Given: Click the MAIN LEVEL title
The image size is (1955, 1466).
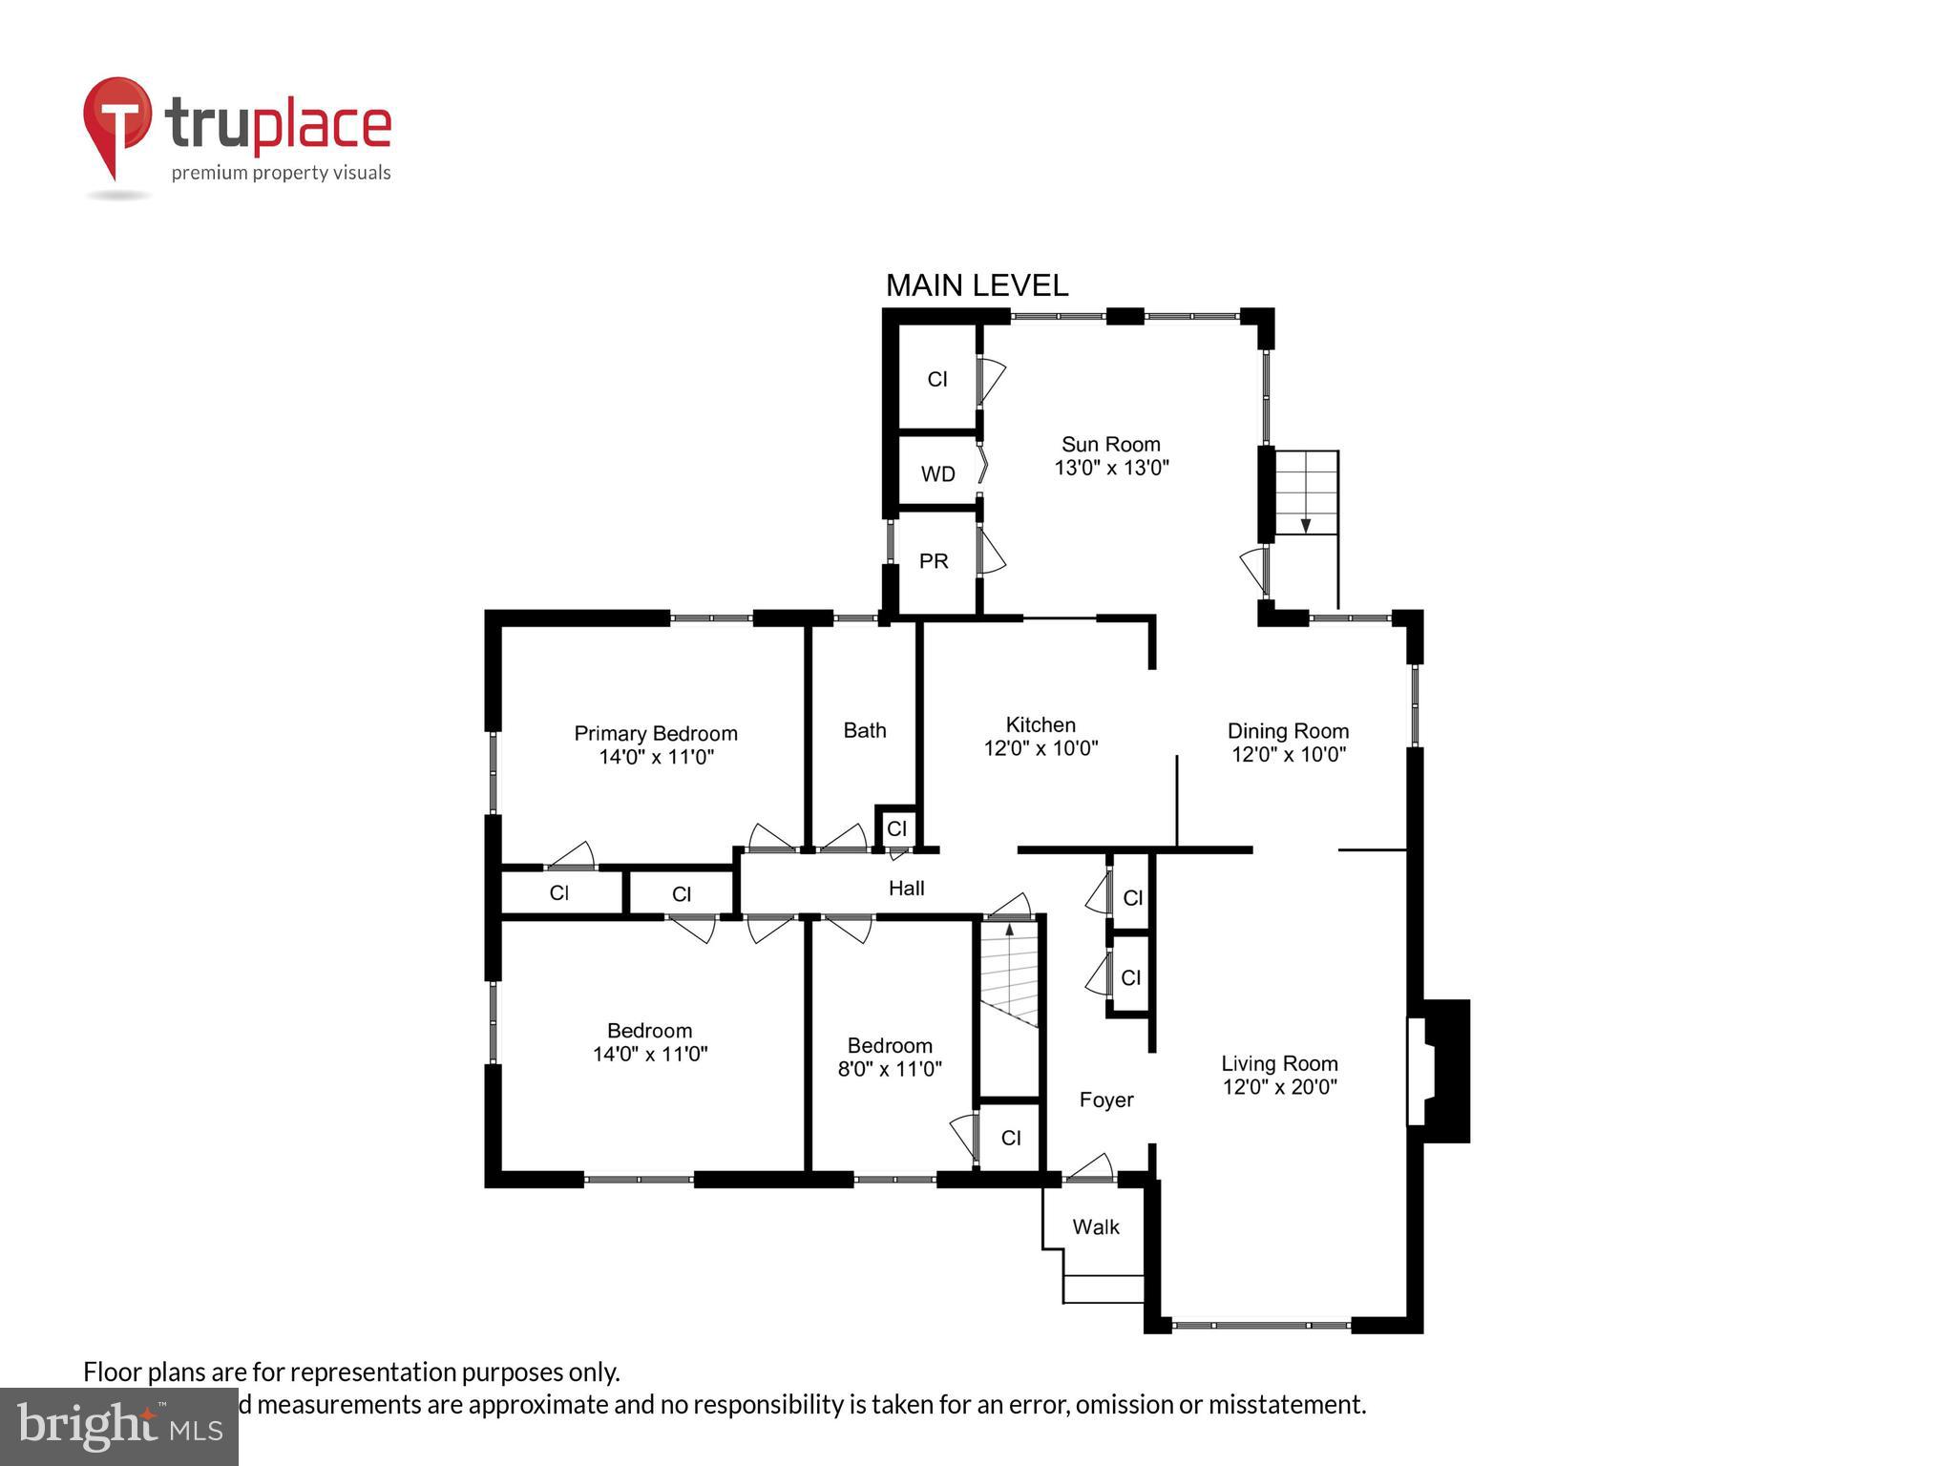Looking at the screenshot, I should pyautogui.click(x=977, y=285).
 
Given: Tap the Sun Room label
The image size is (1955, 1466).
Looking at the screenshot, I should pyautogui.click(x=1110, y=445).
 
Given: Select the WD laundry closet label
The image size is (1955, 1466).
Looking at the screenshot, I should pyautogui.click(x=937, y=474).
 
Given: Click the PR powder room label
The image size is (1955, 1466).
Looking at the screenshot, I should pyautogui.click(x=934, y=561).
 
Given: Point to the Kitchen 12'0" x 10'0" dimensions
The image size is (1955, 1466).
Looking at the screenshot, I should pyautogui.click(x=1041, y=748).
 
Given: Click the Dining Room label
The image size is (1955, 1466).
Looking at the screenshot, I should pyautogui.click(x=1288, y=731).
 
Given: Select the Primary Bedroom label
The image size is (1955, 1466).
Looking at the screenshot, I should pyautogui.click(x=655, y=733).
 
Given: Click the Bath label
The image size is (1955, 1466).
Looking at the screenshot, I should pyautogui.click(x=864, y=730).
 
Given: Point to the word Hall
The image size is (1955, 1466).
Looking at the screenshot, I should pyautogui.click(x=906, y=889).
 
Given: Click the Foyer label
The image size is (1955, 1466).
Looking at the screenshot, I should pyautogui.click(x=1105, y=1099).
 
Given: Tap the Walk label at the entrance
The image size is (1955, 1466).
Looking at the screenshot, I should pyautogui.click(x=1095, y=1226).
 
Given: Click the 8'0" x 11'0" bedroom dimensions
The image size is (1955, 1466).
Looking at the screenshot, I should pyautogui.click(x=890, y=1069).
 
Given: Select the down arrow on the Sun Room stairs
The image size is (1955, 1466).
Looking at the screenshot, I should pyautogui.click(x=1305, y=524).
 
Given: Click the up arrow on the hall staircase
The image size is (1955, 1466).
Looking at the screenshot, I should pyautogui.click(x=1010, y=931).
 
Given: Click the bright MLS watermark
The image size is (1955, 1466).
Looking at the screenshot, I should pyautogui.click(x=119, y=1426).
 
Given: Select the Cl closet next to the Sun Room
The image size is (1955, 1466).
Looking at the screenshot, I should pyautogui.click(x=937, y=379).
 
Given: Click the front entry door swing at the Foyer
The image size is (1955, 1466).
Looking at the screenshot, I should pyautogui.click(x=1089, y=1168).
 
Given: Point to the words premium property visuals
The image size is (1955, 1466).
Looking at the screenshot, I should pyautogui.click(x=281, y=173).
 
